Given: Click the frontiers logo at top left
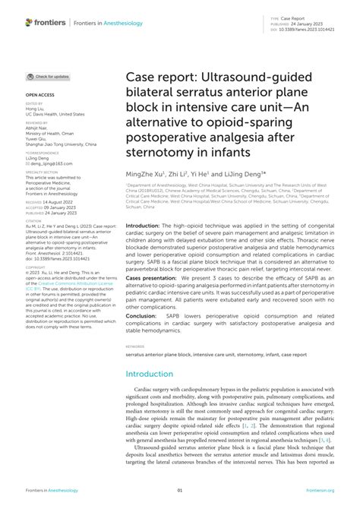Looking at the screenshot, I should (x=43, y=23).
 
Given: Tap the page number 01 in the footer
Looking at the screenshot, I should (x=180, y=490).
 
